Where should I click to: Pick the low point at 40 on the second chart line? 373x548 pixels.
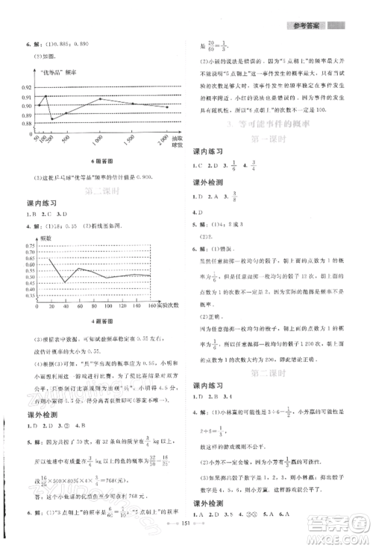pyautogui.click(x=65, y=282)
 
